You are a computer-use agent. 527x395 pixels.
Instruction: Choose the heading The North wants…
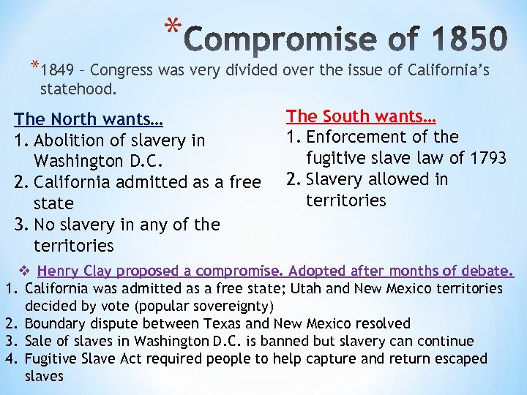[x=89, y=118]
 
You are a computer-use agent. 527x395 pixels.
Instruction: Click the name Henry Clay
[x=73, y=271]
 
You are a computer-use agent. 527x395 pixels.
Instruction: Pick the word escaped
[x=459, y=359]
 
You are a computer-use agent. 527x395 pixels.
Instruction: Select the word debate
[x=493, y=271]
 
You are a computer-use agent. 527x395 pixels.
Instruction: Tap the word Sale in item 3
[x=38, y=342]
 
